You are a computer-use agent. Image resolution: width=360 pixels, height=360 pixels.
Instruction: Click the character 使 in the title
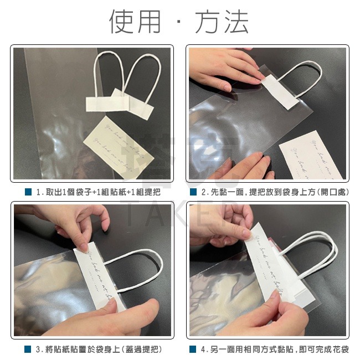click(x=122, y=22)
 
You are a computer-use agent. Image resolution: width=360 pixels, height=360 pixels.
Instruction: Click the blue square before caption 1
click(x=28, y=192)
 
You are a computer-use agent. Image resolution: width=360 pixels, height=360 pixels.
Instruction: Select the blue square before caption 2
click(x=193, y=192)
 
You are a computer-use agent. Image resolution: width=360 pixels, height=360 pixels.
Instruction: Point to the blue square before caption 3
click(x=28, y=349)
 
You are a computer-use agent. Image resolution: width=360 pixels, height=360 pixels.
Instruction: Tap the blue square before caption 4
click(x=193, y=349)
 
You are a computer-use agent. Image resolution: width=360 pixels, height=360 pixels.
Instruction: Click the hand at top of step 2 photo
click(x=222, y=72)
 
